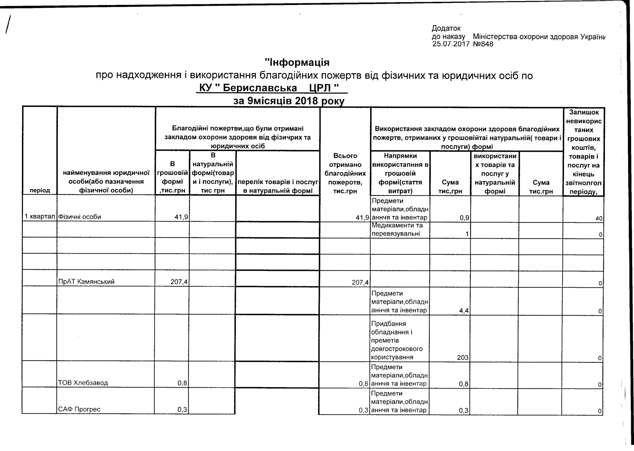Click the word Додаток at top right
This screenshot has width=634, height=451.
point(446,28)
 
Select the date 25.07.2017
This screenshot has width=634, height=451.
point(451,44)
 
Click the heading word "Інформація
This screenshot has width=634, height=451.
point(297,62)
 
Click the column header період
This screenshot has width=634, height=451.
point(40,191)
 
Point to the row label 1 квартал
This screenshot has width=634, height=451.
point(39,217)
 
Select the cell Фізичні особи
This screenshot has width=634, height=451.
point(80,217)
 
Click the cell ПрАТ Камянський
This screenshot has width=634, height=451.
point(87,282)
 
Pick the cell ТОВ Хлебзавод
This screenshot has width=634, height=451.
point(83,383)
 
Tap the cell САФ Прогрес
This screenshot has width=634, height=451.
point(79,409)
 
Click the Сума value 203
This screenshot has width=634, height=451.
point(463,357)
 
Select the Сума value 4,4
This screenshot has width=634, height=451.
point(463,310)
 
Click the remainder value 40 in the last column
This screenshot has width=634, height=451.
point(600,218)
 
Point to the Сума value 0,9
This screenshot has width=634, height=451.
point(465,218)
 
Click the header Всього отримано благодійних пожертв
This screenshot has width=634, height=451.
point(345,173)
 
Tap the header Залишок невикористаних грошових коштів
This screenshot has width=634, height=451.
point(584,152)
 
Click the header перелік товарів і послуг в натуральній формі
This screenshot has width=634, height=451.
point(278,186)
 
